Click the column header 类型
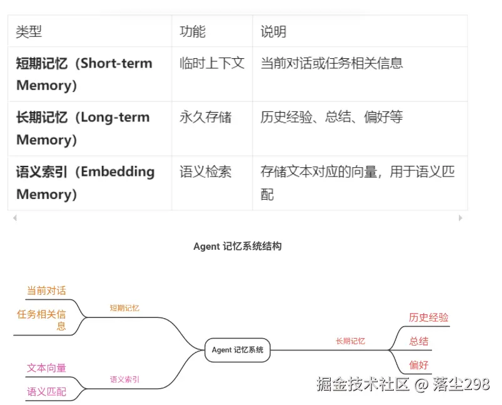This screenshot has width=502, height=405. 29,31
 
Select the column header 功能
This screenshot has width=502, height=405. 193,31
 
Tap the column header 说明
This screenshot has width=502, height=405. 273,31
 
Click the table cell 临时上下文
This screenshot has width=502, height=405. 211,63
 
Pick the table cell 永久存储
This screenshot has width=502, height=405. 205,117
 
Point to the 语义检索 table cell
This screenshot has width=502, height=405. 205,172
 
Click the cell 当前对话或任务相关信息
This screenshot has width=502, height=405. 331,63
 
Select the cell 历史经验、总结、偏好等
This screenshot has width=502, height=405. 331,117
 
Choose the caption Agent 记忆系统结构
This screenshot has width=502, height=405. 238,247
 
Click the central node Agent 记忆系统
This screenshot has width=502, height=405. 238,350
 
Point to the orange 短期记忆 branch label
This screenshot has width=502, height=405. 124,308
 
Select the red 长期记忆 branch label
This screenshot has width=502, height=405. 350,341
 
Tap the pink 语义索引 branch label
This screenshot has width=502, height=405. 124,379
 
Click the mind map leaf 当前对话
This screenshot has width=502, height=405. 46,290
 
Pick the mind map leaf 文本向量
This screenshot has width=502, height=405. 46,368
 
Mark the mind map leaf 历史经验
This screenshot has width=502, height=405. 429,317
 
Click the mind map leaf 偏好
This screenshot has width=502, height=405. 419,365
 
